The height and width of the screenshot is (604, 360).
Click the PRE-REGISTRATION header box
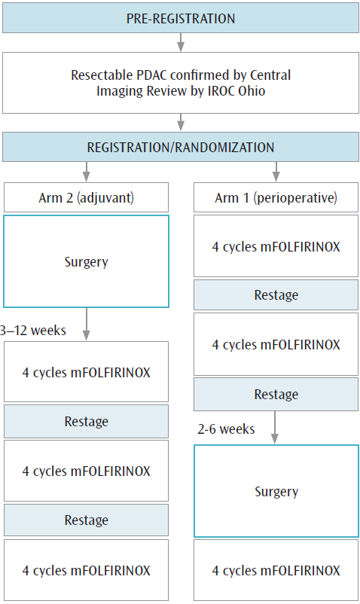[180, 18]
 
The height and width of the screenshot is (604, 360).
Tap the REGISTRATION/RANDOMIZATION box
[180, 147]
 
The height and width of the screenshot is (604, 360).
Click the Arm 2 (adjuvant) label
[86, 198]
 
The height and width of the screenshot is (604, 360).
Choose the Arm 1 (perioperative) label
[276, 198]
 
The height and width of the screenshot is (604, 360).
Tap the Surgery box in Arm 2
[86, 262]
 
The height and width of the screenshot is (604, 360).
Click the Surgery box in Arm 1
[276, 491]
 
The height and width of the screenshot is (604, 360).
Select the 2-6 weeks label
[227, 429]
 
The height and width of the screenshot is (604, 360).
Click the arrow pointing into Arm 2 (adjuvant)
[86, 172]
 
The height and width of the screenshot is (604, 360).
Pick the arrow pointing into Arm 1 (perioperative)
[276, 172]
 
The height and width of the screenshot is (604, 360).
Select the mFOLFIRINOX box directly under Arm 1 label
[276, 246]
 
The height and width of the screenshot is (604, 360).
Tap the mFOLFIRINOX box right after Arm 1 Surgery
[276, 570]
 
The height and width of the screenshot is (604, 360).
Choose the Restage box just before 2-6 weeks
[276, 395]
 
